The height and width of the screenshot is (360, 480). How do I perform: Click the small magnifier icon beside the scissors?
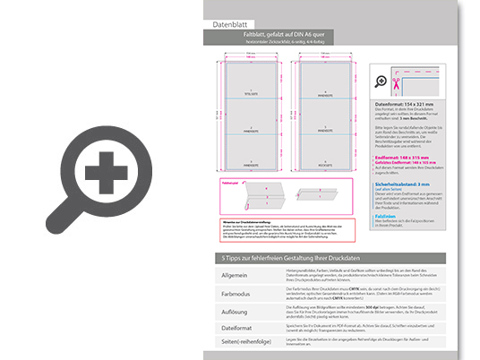pyautogui.click(x=383, y=81)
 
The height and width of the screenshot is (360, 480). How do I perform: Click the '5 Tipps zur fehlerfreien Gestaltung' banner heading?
pyautogui.click(x=287, y=258)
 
